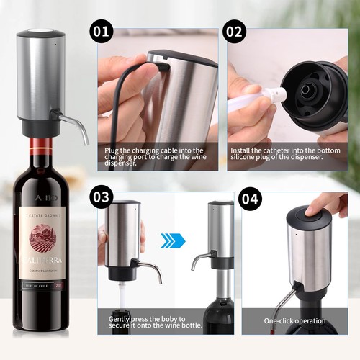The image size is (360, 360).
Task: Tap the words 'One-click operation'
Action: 294,320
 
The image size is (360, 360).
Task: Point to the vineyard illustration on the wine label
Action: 41,234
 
